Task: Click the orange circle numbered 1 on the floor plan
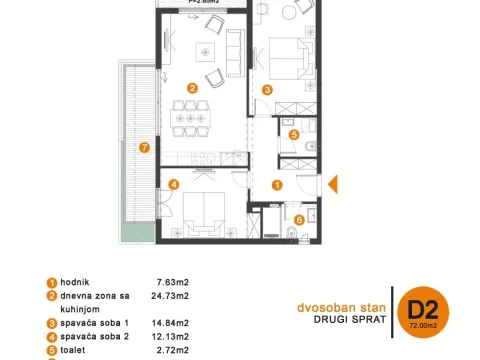tap(277, 185)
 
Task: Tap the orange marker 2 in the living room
tap(191, 87)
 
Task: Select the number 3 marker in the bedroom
tap(267, 89)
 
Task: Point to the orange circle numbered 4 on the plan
tap(173, 184)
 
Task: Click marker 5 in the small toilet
tap(294, 134)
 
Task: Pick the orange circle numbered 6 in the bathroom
tap(298, 218)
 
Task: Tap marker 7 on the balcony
tap(145, 148)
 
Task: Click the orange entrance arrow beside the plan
tap(335, 184)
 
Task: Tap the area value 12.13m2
tap(173, 339)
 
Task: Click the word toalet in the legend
tap(70, 353)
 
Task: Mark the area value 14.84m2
tap(173, 324)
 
